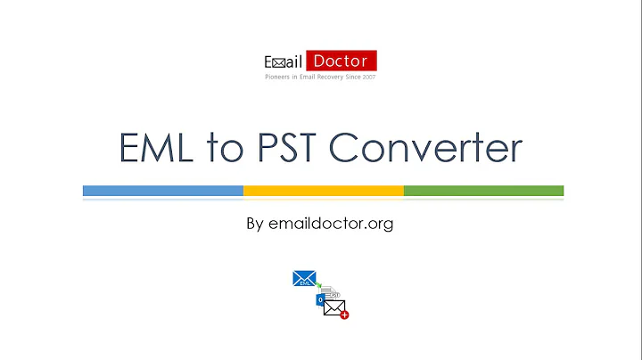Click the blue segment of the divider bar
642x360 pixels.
click(162, 191)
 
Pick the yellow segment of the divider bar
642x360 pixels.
click(323, 191)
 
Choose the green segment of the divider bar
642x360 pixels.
click(483, 191)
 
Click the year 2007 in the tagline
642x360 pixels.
click(368, 78)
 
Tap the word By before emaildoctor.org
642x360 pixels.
click(254, 224)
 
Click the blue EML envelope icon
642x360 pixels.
click(304, 279)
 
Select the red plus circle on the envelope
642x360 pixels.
click(344, 315)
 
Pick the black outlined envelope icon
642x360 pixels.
click(333, 308)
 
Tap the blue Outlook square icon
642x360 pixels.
click(320, 300)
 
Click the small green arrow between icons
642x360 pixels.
click(319, 286)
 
